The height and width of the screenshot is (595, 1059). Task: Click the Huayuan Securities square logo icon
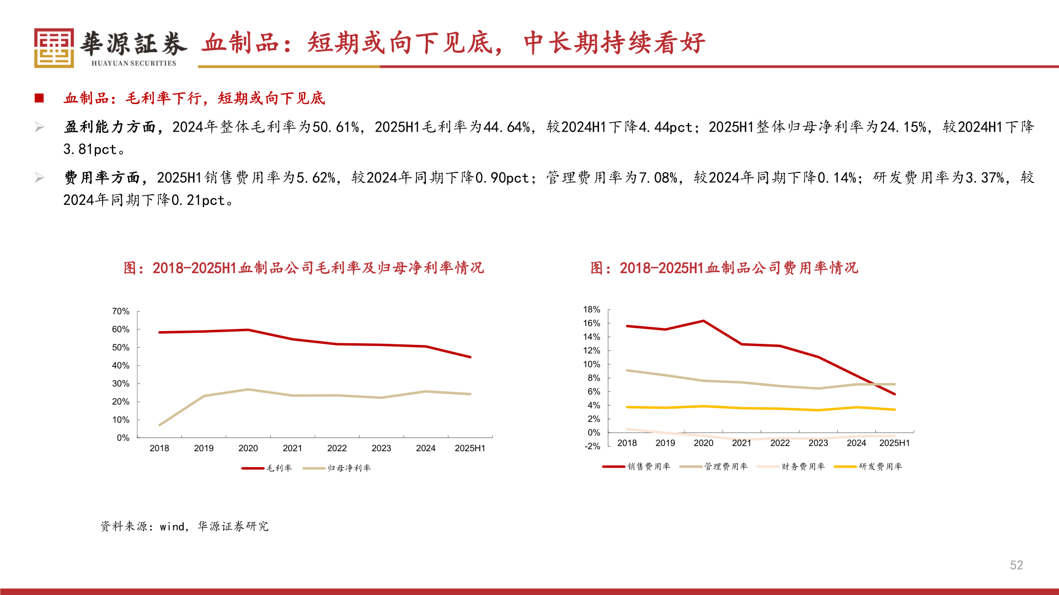click(x=54, y=48)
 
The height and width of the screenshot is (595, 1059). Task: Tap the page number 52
click(x=1016, y=565)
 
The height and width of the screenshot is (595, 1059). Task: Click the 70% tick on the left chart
click(x=121, y=311)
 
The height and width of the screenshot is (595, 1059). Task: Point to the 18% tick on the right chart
click(x=591, y=310)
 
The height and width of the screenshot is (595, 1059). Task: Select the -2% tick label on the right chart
click(x=592, y=446)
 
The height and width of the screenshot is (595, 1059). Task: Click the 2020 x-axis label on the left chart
click(x=248, y=448)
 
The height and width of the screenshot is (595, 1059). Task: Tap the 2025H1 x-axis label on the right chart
click(x=894, y=443)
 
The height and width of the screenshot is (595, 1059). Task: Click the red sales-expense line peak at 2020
click(x=703, y=321)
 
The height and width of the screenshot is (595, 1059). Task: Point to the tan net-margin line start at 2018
click(x=159, y=425)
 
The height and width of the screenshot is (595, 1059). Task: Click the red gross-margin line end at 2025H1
click(x=470, y=357)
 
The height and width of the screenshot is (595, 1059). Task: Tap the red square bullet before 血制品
click(x=39, y=98)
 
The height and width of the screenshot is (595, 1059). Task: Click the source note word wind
click(x=172, y=527)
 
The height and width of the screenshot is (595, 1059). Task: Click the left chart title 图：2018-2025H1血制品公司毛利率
click(x=303, y=268)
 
